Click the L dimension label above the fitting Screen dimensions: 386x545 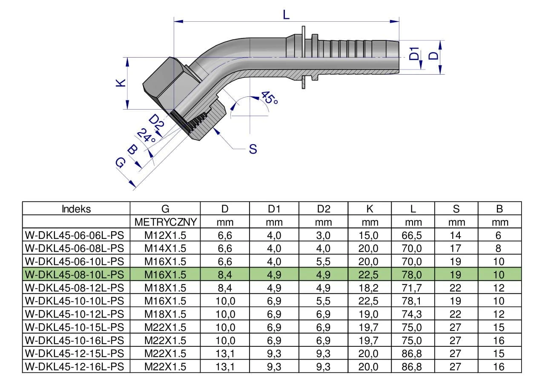click(x=286, y=15)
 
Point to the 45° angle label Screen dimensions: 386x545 click(x=269, y=99)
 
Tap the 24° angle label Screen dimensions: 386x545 click(x=146, y=136)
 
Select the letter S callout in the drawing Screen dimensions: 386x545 click(x=253, y=149)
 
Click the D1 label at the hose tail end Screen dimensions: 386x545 click(x=414, y=54)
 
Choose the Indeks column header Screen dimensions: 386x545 click(x=76, y=209)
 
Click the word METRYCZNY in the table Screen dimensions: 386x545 click(x=166, y=222)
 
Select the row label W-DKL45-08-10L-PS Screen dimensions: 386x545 click(x=75, y=274)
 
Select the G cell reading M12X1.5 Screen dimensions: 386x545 click(x=166, y=235)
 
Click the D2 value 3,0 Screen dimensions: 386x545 click(x=323, y=235)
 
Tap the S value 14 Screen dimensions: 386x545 click(x=456, y=235)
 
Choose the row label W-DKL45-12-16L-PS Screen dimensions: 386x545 click(x=75, y=366)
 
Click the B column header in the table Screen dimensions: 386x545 click(x=500, y=209)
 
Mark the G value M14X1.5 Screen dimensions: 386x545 click(x=166, y=248)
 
